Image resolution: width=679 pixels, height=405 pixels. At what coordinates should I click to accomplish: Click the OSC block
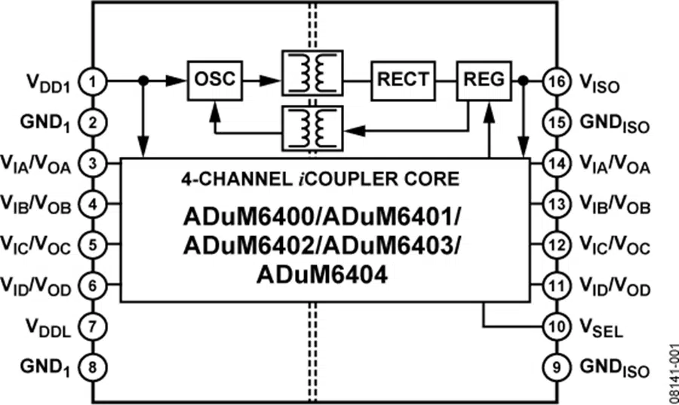[215, 79]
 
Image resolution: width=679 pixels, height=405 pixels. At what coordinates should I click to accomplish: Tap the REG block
[482, 79]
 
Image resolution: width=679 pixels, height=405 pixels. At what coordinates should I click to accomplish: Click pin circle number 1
[94, 81]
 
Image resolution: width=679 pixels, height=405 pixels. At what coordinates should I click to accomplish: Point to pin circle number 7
[94, 327]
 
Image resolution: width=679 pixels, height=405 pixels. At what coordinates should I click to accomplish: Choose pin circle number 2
[94, 121]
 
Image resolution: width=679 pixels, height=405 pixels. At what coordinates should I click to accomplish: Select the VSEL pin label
[601, 329]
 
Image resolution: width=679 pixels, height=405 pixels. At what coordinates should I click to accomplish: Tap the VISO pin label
[600, 82]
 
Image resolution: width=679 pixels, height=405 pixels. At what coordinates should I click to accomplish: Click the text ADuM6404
[322, 275]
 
